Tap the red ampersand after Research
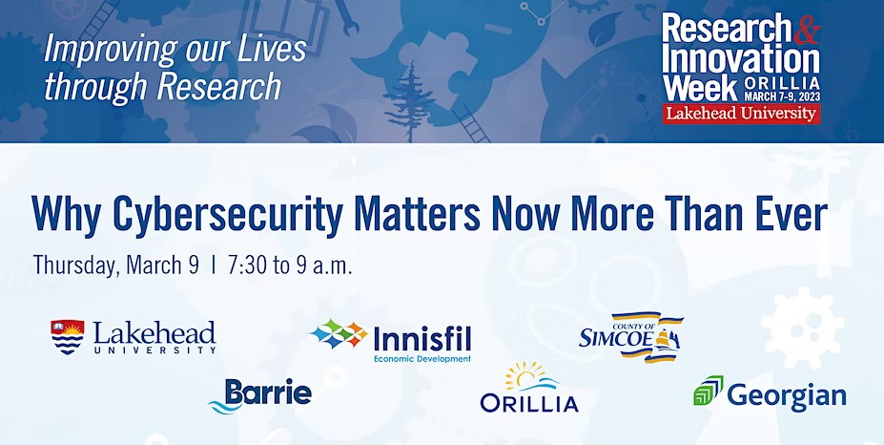[x=807, y=30]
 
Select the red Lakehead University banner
[x=741, y=114]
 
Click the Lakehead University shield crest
[x=67, y=337]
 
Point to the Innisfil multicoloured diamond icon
[x=339, y=333]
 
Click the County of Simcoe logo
[x=631, y=337]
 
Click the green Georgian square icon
[x=709, y=391]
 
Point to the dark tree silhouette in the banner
[x=410, y=101]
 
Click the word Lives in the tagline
[x=272, y=50]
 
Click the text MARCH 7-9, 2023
[x=781, y=96]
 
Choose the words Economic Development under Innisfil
[x=422, y=359]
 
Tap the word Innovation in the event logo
[x=741, y=59]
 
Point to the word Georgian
[x=787, y=395]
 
